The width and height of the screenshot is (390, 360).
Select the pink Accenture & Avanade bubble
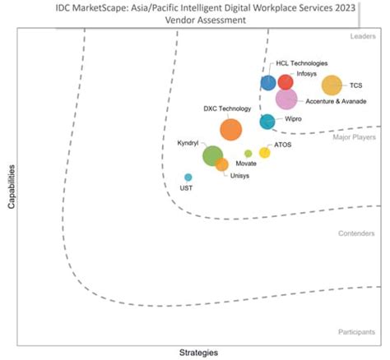[286, 99]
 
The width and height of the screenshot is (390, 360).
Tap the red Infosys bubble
[285, 81]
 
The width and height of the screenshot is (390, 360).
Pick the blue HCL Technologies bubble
[268, 82]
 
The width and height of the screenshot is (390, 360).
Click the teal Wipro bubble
[267, 122]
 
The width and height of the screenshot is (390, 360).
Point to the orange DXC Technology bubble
[231, 129]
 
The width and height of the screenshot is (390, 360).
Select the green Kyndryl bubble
[212, 155]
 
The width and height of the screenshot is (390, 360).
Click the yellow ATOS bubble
[264, 152]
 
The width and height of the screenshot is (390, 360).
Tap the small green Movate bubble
[248, 154]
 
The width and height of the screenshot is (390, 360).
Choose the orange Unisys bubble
[222, 164]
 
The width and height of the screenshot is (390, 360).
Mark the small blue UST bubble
[188, 178]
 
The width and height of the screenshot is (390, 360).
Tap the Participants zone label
[358, 332]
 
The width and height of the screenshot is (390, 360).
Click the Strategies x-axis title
[198, 353]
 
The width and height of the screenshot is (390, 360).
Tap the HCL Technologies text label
[301, 62]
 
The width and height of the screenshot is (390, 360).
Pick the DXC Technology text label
[226, 108]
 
